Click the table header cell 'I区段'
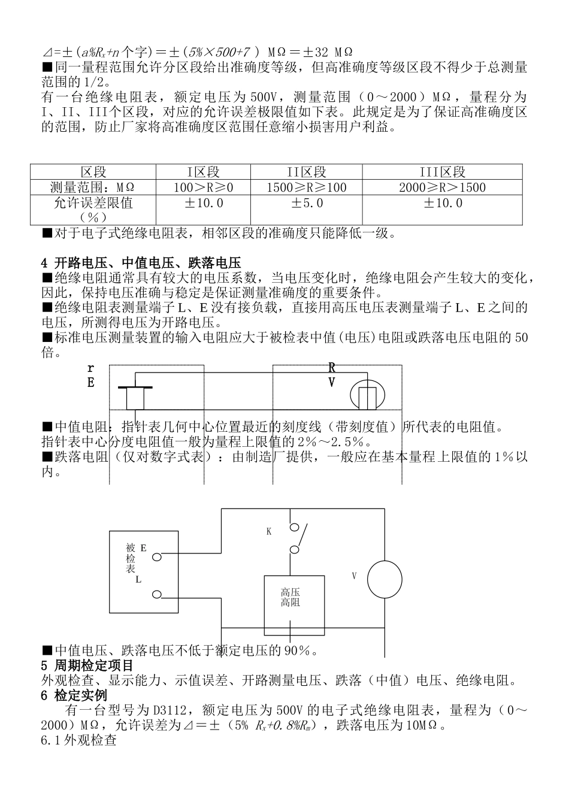coord(204,172)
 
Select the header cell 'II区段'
coord(306,172)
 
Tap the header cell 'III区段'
coord(442,172)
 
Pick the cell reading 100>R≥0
coord(204,187)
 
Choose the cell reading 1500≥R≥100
coord(306,187)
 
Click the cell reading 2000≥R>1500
coord(442,187)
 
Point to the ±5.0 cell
coord(306,203)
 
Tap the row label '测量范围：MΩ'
coord(93,187)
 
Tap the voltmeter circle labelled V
coord(385,579)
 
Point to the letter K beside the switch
coord(269,531)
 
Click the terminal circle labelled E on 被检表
coord(157,556)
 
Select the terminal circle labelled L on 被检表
coord(157,594)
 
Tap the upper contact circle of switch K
coord(294,528)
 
